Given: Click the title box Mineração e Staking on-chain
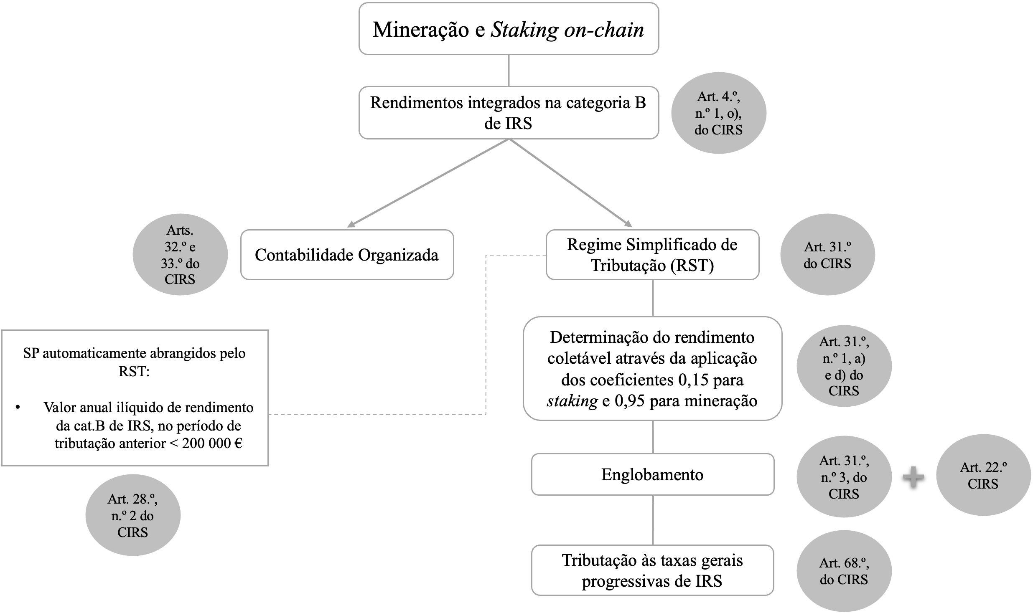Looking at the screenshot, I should (509, 29).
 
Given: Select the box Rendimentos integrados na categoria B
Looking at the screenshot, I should (509, 113).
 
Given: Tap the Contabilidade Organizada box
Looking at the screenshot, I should (347, 255).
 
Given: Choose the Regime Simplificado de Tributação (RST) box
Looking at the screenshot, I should (652, 255).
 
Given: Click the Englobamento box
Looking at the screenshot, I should (652, 474).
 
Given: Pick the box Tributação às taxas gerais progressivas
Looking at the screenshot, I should (652, 570).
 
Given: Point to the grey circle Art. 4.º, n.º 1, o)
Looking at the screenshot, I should (718, 113).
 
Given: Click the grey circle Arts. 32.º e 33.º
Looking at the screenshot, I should (180, 254).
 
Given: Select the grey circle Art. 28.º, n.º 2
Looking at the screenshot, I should (133, 515).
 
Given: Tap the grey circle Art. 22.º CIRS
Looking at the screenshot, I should (983, 475).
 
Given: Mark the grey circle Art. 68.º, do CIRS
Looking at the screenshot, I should (844, 571).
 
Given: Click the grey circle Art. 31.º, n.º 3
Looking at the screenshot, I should (844, 476).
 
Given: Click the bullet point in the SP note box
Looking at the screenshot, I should (18, 407).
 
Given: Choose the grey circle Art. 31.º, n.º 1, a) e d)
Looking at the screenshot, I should (844, 366).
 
